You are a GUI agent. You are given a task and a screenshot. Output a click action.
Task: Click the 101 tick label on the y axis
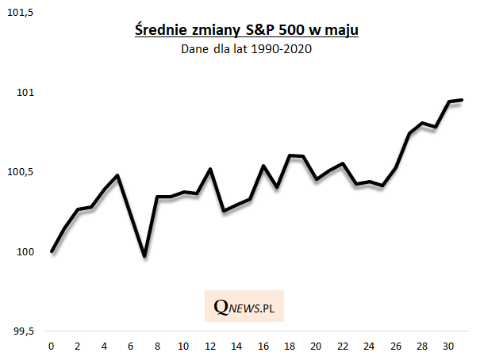click(27, 93)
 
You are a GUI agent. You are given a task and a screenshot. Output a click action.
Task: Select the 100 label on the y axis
click(27, 251)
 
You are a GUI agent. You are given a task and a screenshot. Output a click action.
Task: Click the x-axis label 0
click(52, 347)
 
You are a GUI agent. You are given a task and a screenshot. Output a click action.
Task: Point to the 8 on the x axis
click(157, 347)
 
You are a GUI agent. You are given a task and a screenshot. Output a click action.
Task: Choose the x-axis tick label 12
click(209, 347)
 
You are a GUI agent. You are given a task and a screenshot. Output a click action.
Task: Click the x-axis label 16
click(263, 347)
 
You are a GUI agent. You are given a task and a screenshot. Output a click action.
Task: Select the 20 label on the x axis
click(316, 347)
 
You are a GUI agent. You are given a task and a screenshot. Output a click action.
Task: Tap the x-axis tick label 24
click(369, 347)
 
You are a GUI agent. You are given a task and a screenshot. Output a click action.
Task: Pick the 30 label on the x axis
click(448, 347)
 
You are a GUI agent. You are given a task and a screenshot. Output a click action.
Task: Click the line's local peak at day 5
click(117, 175)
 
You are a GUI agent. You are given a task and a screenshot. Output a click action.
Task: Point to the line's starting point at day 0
click(52, 251)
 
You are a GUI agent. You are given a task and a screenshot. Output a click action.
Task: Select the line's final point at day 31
click(462, 100)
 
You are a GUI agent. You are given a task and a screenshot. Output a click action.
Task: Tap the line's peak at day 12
click(210, 169)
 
